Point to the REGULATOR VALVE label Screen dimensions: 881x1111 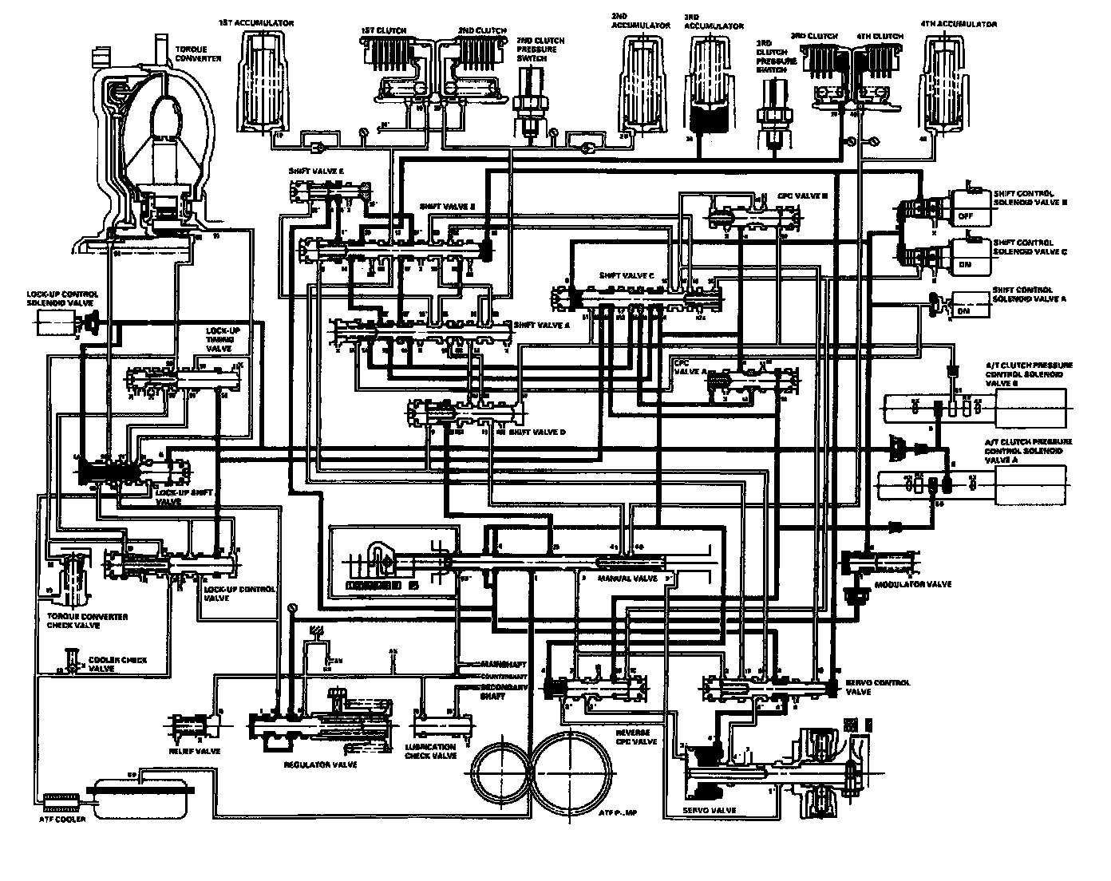point(320,764)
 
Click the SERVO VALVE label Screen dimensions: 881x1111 point(709,810)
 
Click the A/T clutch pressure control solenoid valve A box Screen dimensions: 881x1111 point(1031,485)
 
